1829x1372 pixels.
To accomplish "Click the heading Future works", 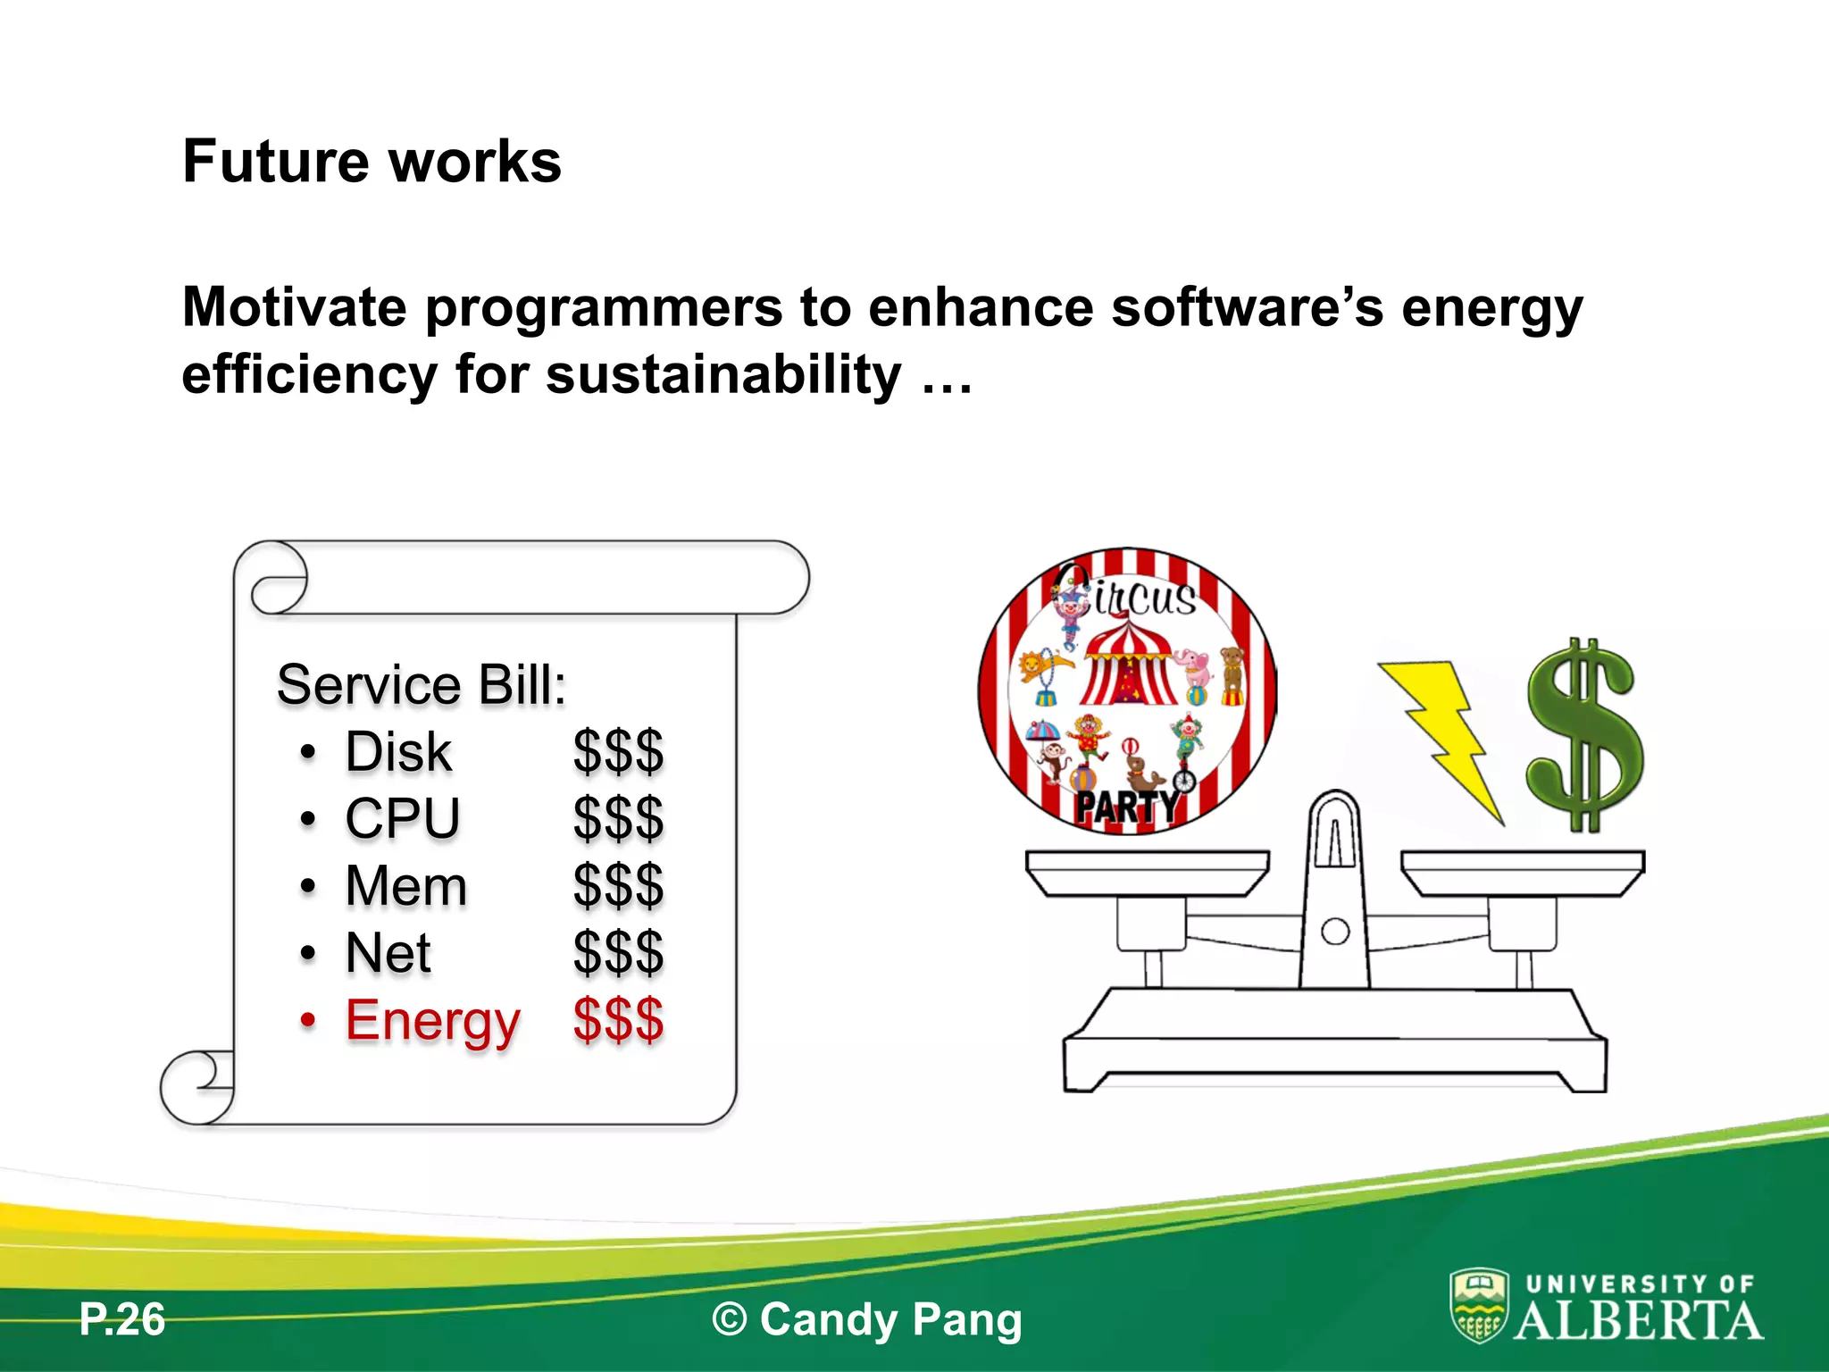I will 372,162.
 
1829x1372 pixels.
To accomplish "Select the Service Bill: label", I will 421,685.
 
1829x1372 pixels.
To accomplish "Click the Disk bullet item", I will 398,752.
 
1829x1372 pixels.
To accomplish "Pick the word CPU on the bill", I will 403,819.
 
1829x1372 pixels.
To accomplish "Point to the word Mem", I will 406,886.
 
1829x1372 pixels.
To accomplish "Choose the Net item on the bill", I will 388,953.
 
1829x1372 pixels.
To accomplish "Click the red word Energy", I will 432,1021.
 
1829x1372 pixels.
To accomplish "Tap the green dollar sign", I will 1583,734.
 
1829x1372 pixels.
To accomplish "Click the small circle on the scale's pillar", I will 1334,932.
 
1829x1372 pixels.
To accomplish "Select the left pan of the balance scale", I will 1147,871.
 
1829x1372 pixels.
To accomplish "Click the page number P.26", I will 122,1319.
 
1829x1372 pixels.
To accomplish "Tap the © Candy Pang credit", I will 866,1319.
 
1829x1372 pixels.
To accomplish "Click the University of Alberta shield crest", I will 1479,1305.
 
